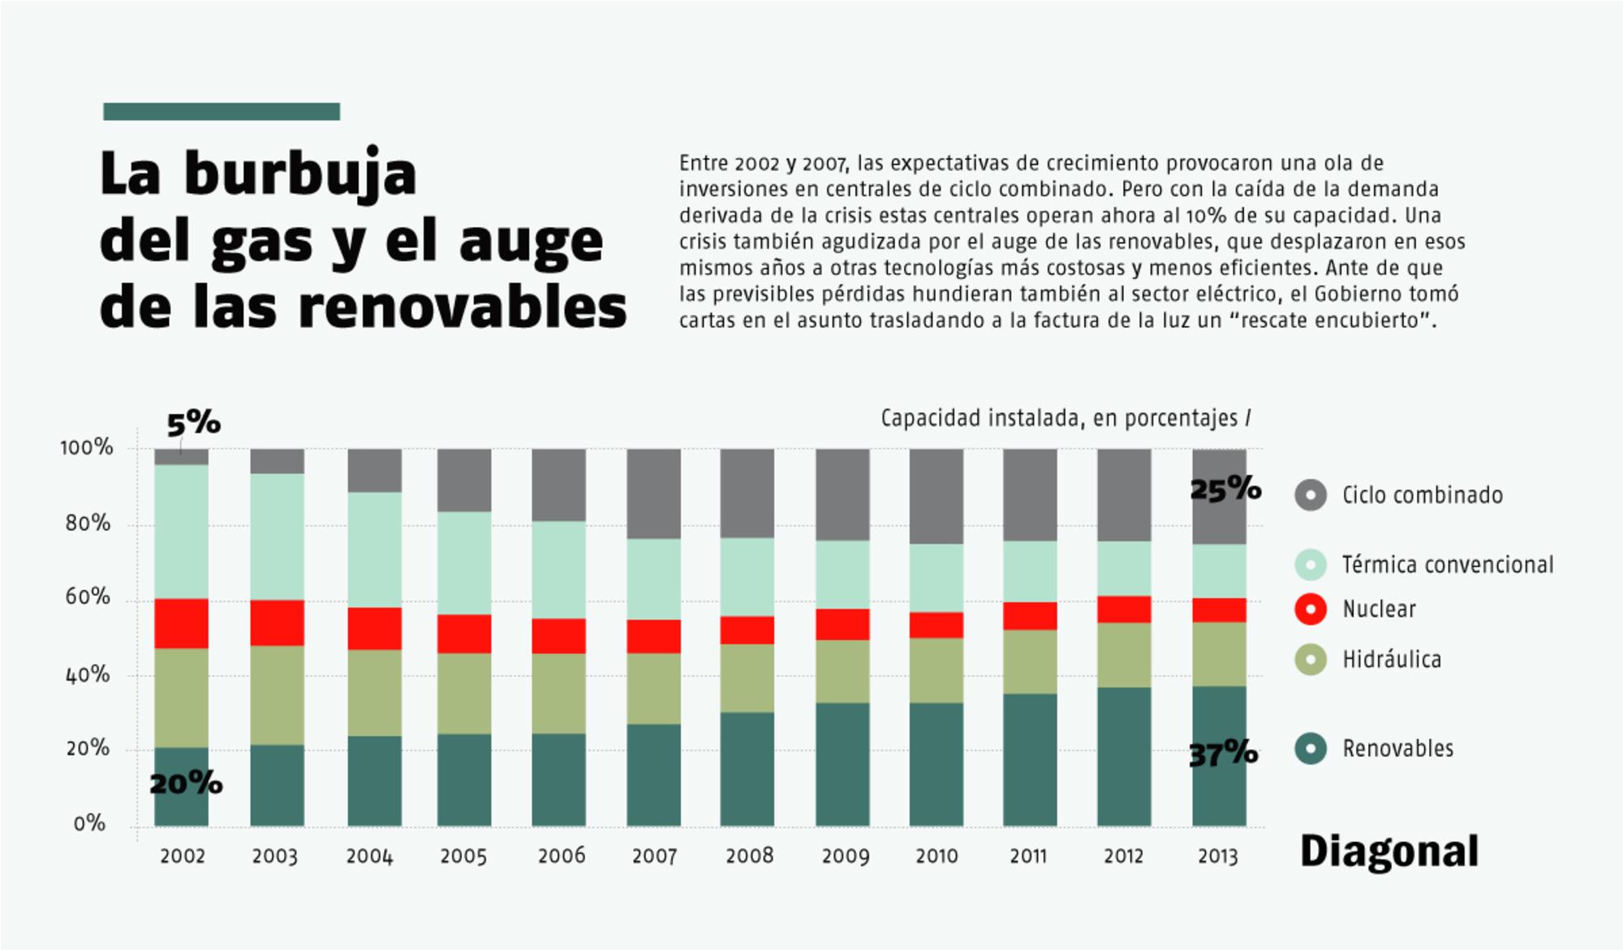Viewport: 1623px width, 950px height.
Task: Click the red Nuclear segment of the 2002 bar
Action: pyautogui.click(x=181, y=623)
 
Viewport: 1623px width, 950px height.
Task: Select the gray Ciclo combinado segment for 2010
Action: pyautogui.click(x=936, y=496)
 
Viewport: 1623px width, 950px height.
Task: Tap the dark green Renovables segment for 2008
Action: pyautogui.click(x=747, y=769)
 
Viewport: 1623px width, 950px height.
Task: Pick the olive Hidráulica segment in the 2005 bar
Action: pyautogui.click(x=463, y=694)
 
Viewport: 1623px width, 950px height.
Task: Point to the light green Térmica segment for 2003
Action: pyautogui.click(x=277, y=536)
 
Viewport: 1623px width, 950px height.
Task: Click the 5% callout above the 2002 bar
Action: pyautogui.click(x=193, y=423)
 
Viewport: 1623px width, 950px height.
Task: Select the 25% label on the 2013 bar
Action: pyautogui.click(x=1225, y=488)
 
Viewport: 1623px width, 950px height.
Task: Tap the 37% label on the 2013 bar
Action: pyautogui.click(x=1223, y=754)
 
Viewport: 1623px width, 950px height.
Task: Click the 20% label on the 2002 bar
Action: pyautogui.click(x=186, y=784)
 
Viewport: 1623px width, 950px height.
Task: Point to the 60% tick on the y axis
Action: pyautogui.click(x=88, y=598)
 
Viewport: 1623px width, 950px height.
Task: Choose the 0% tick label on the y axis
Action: pyautogui.click(x=89, y=824)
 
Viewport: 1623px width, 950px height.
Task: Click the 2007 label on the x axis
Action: pyautogui.click(x=654, y=856)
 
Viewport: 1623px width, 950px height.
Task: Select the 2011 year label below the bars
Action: pyautogui.click(x=1028, y=856)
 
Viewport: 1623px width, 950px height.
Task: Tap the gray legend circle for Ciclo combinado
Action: pyautogui.click(x=1311, y=495)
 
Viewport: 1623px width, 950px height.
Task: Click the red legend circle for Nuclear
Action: pyautogui.click(x=1311, y=609)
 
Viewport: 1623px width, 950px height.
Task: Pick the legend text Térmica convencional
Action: pyautogui.click(x=1448, y=565)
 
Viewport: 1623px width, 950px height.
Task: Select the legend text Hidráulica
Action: pyautogui.click(x=1392, y=660)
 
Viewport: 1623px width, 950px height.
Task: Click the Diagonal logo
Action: pyautogui.click(x=1389, y=852)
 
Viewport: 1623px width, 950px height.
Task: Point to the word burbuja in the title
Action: pyautogui.click(x=299, y=174)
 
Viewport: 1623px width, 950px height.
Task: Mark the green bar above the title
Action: pyautogui.click(x=222, y=112)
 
